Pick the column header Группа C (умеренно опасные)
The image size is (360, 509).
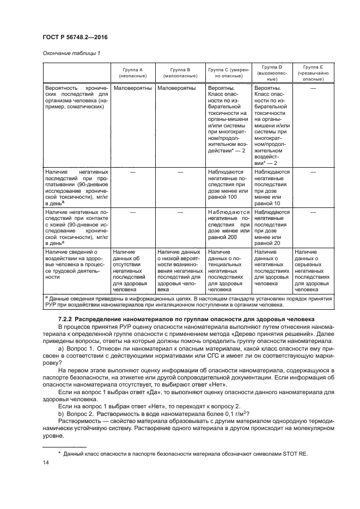(228, 74)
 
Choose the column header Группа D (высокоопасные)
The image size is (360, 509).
(272, 74)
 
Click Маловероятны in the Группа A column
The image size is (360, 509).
(131, 87)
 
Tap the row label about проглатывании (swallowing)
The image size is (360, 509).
(76, 187)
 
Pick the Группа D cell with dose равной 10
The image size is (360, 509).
(272, 187)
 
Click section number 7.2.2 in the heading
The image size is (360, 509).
(65, 318)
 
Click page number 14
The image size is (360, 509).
(46, 463)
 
